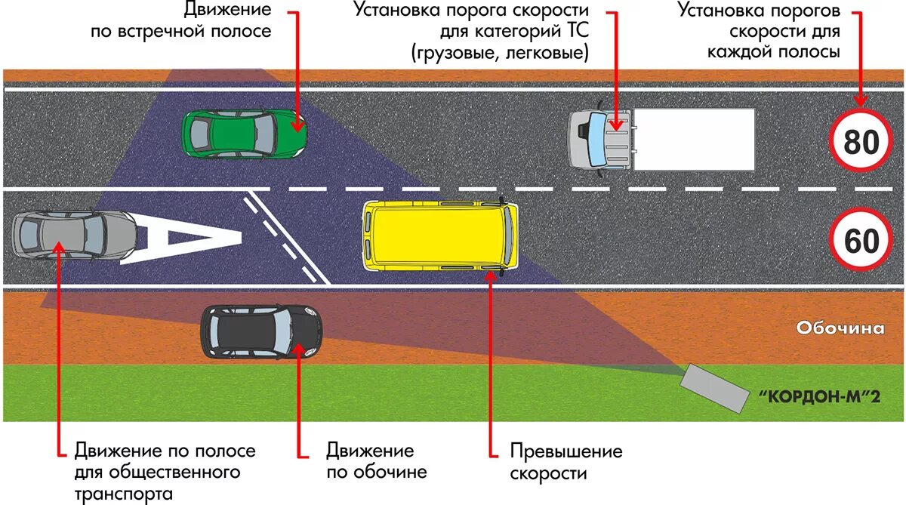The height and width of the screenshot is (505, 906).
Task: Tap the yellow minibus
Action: pos(441,235)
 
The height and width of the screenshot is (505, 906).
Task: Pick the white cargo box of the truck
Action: pos(693,139)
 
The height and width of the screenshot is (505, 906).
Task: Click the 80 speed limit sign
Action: pos(860,141)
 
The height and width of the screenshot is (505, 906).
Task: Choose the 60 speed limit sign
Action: pos(860,241)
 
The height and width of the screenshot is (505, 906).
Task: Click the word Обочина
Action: pos(840,328)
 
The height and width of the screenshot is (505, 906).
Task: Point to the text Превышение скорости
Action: pos(566,462)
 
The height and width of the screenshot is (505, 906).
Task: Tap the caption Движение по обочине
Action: pos(376,461)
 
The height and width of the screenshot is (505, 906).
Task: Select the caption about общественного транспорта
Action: pos(165,472)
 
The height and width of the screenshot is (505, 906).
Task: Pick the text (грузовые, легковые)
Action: pos(500,53)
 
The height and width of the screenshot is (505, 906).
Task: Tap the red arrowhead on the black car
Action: pos(300,348)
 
